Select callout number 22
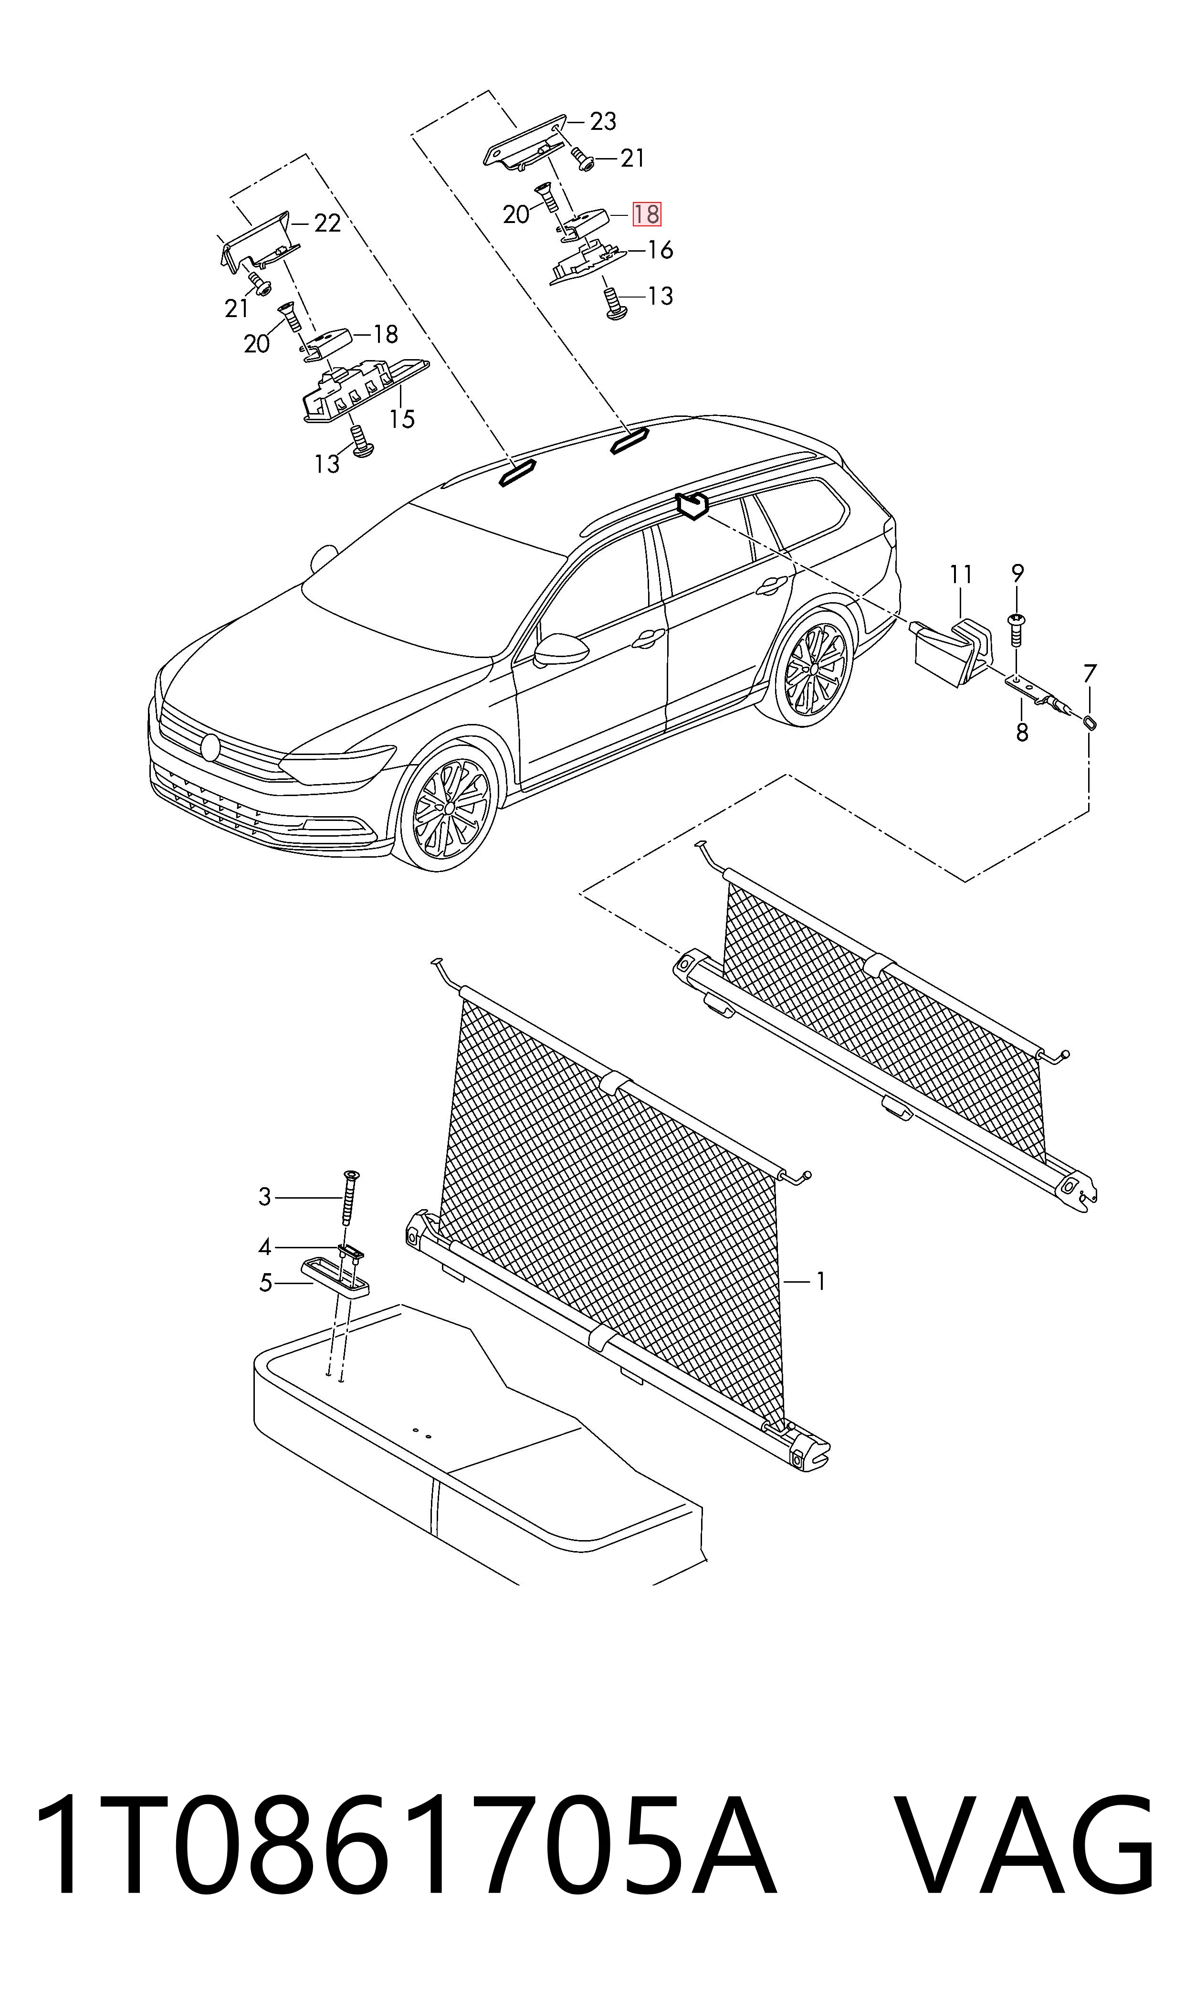coord(327,223)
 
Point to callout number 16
coord(661,250)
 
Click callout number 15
coord(402,419)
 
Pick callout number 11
coord(962,574)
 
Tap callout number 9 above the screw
coord(1017,573)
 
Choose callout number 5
coord(266,1283)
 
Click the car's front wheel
coord(449,808)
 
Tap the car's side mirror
coord(561,649)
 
